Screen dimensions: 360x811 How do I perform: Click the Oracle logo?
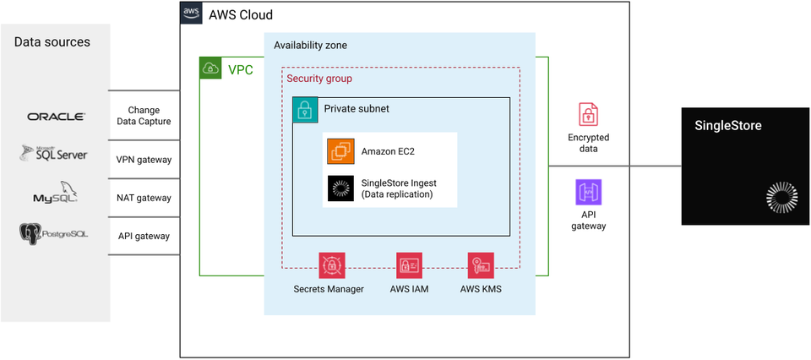[x=56, y=117]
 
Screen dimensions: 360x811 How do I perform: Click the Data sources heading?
[x=52, y=42]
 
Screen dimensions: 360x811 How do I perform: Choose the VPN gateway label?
[x=144, y=160]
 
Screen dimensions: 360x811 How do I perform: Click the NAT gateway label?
[x=144, y=198]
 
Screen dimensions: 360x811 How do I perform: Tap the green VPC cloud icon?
[x=210, y=68]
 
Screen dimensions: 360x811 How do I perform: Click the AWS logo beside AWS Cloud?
[x=191, y=13]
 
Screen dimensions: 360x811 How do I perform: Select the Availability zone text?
[x=310, y=45]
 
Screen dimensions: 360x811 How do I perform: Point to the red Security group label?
[x=319, y=79]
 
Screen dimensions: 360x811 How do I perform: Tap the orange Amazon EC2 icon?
[x=340, y=151]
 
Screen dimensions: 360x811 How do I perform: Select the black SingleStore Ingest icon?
[x=340, y=188]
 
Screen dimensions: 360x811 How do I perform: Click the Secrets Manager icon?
[x=331, y=265]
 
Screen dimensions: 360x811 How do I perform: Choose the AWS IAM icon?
[x=409, y=265]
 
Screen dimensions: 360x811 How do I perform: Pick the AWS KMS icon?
[x=481, y=265]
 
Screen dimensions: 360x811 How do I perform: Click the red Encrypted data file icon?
[x=588, y=115]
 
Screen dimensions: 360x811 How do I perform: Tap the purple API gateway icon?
[x=588, y=193]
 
